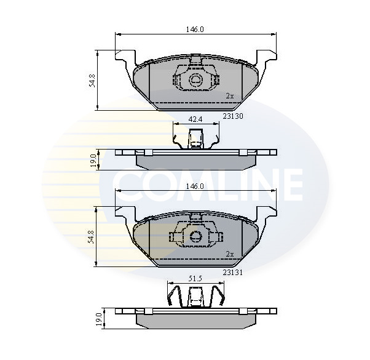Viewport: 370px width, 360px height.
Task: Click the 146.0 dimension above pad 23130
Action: pos(195,29)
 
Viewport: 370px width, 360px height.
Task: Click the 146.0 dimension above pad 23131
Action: pos(195,186)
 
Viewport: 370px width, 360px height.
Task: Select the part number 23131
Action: pos(233,271)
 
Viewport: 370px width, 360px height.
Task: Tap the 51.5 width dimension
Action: pos(195,279)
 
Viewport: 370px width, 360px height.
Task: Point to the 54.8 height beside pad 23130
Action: pos(92,80)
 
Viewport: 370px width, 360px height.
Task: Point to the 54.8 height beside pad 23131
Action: pos(92,237)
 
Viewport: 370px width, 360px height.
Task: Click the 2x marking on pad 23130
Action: pos(230,96)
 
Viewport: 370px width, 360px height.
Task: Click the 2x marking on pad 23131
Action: pos(230,254)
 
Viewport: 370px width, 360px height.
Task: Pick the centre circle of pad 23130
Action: pos(195,79)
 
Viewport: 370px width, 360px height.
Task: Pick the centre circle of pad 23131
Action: pos(195,236)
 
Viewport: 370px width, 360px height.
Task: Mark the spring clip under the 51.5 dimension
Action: pos(195,296)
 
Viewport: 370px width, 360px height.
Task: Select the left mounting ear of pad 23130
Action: pos(123,59)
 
